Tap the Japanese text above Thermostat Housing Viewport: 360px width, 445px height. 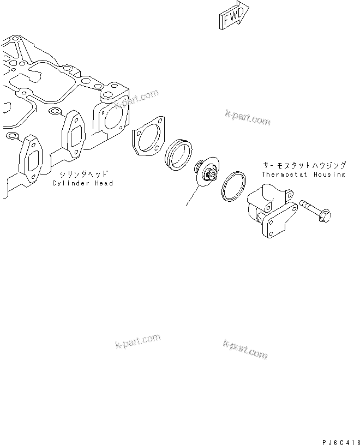point(303,165)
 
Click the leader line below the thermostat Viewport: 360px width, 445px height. point(191,196)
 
